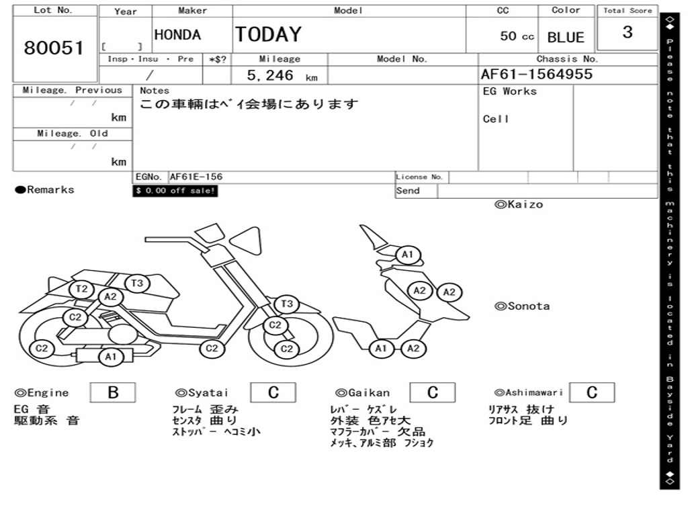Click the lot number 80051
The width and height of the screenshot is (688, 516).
pyautogui.click(x=54, y=48)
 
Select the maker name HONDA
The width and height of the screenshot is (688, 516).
pyautogui.click(x=177, y=35)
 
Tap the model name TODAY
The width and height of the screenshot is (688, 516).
pyautogui.click(x=268, y=34)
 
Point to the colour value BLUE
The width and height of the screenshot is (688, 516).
pyautogui.click(x=566, y=38)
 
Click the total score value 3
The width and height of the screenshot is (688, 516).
pyautogui.click(x=627, y=32)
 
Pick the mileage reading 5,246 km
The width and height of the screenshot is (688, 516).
pyautogui.click(x=282, y=76)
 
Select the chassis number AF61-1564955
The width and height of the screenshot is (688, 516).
pyautogui.click(x=536, y=75)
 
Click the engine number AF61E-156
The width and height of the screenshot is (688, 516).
pyautogui.click(x=196, y=177)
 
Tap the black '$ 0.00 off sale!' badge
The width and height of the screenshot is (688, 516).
pyautogui.click(x=175, y=191)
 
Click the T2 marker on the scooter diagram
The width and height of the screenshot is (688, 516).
pyautogui.click(x=82, y=289)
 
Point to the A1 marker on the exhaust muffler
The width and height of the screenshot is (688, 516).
pyautogui.click(x=110, y=357)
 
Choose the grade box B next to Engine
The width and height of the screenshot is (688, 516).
pyautogui.click(x=113, y=392)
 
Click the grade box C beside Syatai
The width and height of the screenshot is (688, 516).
pyautogui.click(x=273, y=392)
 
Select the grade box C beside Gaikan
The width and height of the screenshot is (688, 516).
pyautogui.click(x=432, y=392)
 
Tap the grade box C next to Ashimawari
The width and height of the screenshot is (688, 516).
pyautogui.click(x=591, y=392)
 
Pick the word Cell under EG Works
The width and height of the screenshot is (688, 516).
pyautogui.click(x=496, y=119)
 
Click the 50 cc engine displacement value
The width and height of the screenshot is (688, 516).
pyautogui.click(x=517, y=36)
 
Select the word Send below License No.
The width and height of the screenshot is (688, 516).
pyautogui.click(x=408, y=191)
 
